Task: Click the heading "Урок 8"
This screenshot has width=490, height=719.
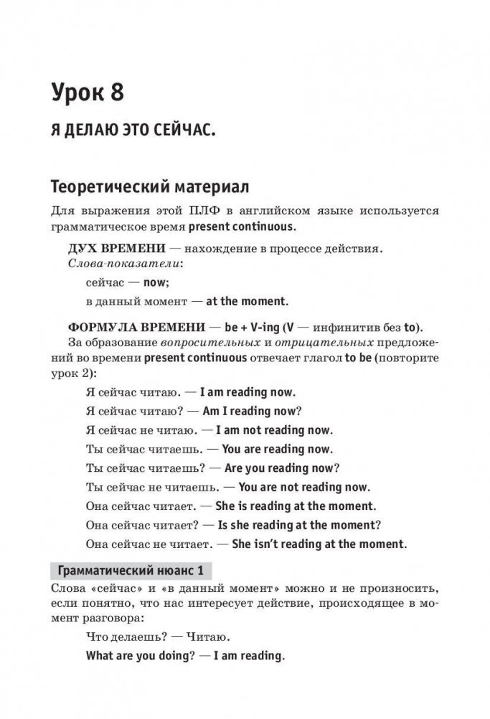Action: pos(96,93)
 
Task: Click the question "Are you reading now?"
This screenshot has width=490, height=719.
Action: pos(283,468)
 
